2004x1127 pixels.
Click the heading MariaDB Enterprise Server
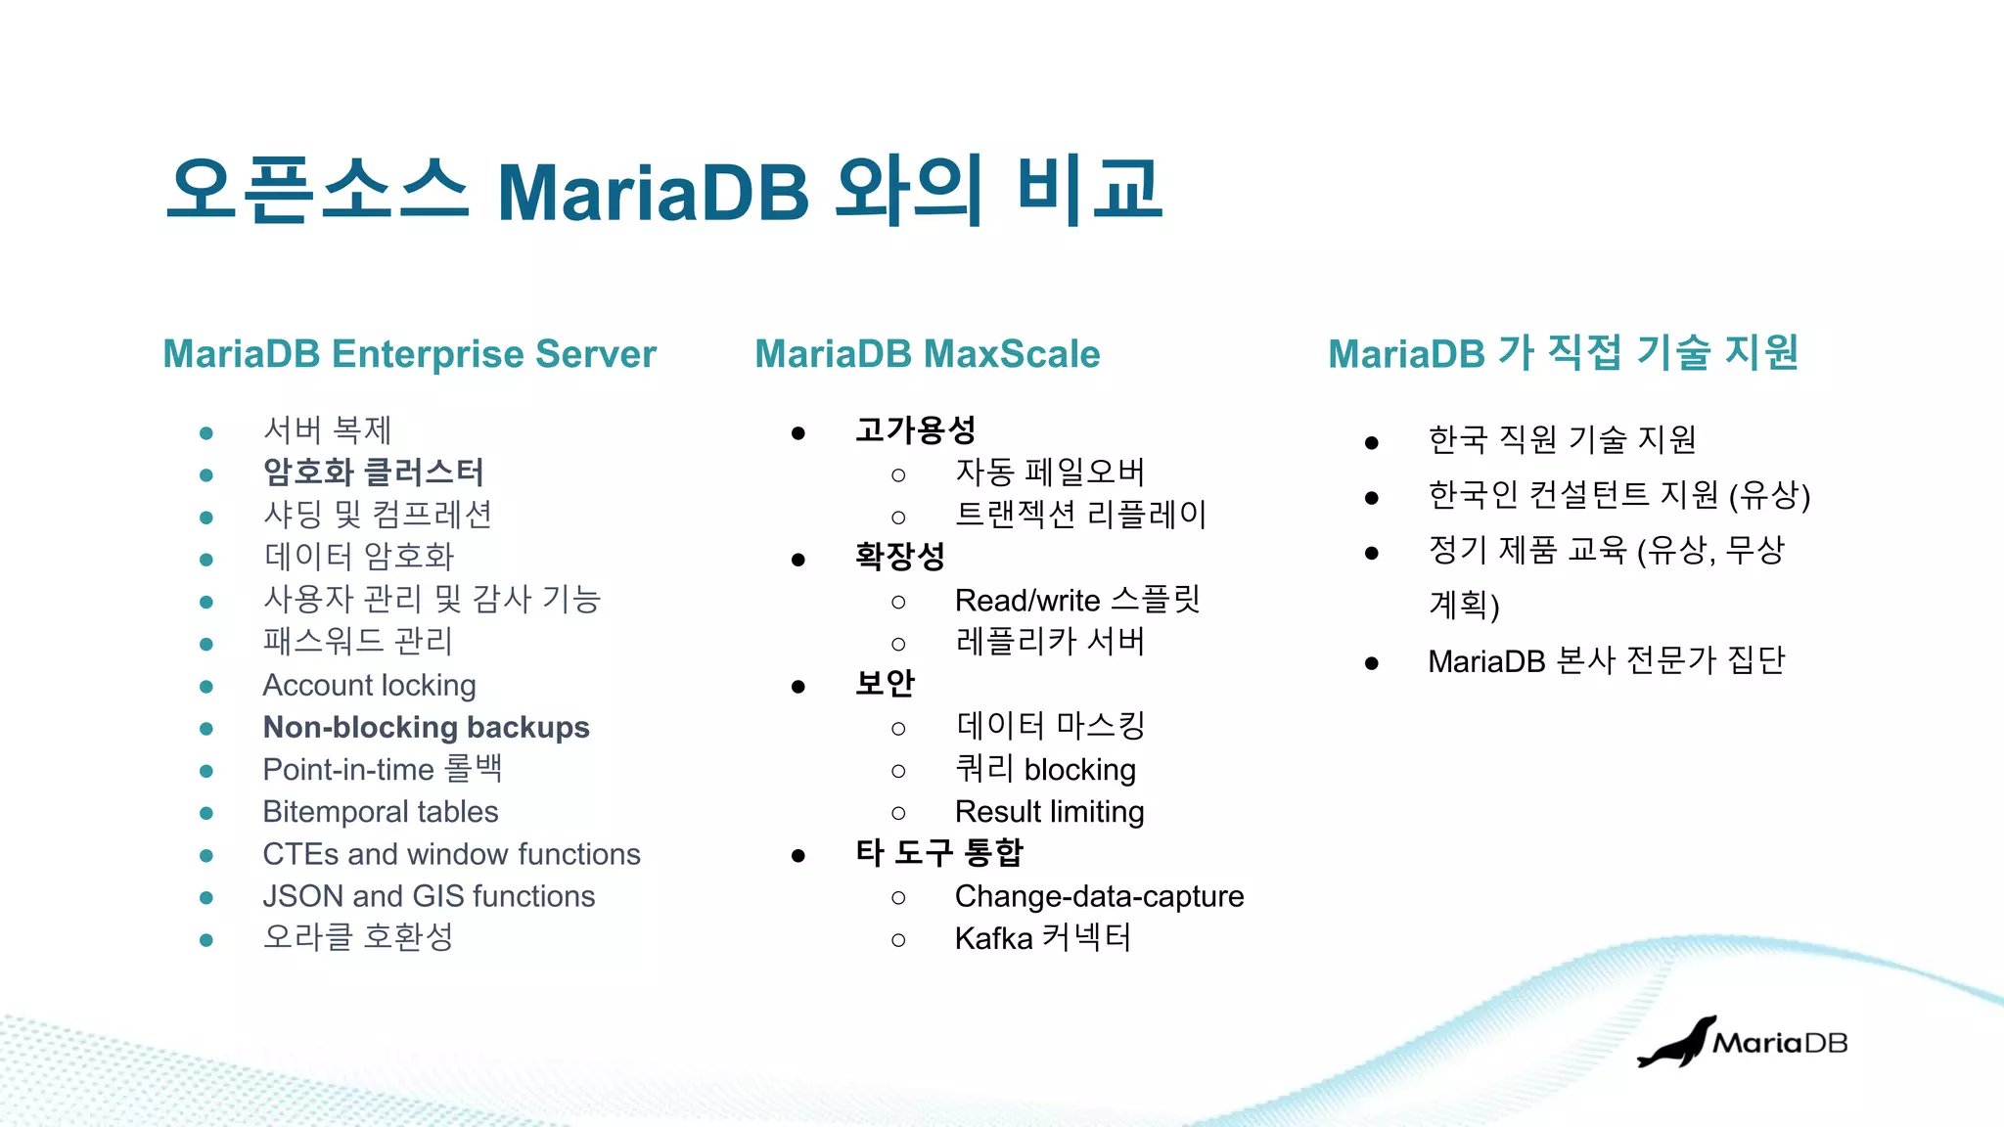409,354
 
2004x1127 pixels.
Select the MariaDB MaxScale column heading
927,354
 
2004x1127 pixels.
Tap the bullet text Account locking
369,686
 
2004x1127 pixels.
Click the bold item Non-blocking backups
426,728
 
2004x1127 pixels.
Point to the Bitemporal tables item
380,812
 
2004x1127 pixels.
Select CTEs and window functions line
451,854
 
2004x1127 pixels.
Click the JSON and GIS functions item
429,896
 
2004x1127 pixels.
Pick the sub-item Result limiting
1049,812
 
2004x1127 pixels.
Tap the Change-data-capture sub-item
1099,896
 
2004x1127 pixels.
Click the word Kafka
993,939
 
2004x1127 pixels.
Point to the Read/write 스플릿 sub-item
1076,600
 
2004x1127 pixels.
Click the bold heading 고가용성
915,430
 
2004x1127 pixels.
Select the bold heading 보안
885,683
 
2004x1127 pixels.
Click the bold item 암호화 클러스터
373,473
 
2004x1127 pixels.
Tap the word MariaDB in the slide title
653,192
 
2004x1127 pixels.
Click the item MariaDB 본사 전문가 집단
1606,661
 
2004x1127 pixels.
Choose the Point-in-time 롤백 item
382,770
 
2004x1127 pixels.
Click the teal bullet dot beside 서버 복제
206,432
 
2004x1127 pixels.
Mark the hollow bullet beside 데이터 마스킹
898,729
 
